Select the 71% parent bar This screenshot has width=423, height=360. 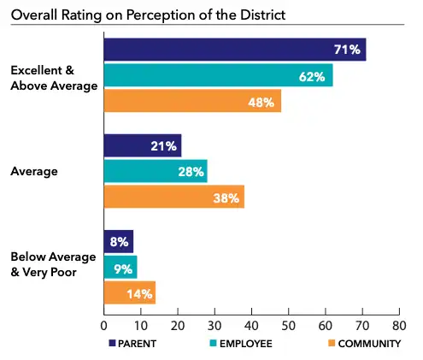[x=234, y=50]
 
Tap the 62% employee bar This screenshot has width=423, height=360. [x=218, y=76]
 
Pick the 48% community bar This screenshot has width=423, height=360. [x=191, y=102]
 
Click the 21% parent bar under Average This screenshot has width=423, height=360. [x=142, y=145]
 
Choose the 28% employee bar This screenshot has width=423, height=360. [x=155, y=172]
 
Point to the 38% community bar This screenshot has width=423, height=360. [x=173, y=197]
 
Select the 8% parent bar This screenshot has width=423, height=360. [x=118, y=241]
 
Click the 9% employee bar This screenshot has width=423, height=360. [x=120, y=268]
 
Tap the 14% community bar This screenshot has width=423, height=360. [x=129, y=292]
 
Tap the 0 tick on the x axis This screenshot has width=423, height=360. [x=103, y=325]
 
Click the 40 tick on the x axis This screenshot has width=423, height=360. [x=251, y=325]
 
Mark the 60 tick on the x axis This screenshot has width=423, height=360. [x=325, y=325]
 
